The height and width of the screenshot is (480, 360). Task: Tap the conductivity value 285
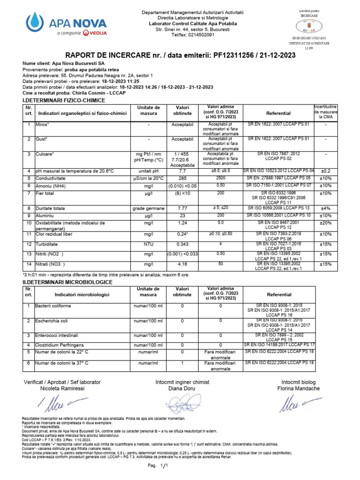tap(182, 179)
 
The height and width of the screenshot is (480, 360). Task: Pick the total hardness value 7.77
tap(182, 208)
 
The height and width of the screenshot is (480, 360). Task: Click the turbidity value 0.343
tap(182, 245)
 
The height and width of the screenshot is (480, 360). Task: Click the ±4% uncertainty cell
tap(325, 208)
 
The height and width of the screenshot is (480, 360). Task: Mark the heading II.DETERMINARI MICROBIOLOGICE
tap(67, 282)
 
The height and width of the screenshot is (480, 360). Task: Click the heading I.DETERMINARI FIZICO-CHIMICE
tap(64, 100)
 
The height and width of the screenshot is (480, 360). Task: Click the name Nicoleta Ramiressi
tap(62, 389)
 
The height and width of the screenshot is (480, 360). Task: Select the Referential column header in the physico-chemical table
tap(278, 113)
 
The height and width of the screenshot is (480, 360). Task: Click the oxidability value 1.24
tap(182, 223)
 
